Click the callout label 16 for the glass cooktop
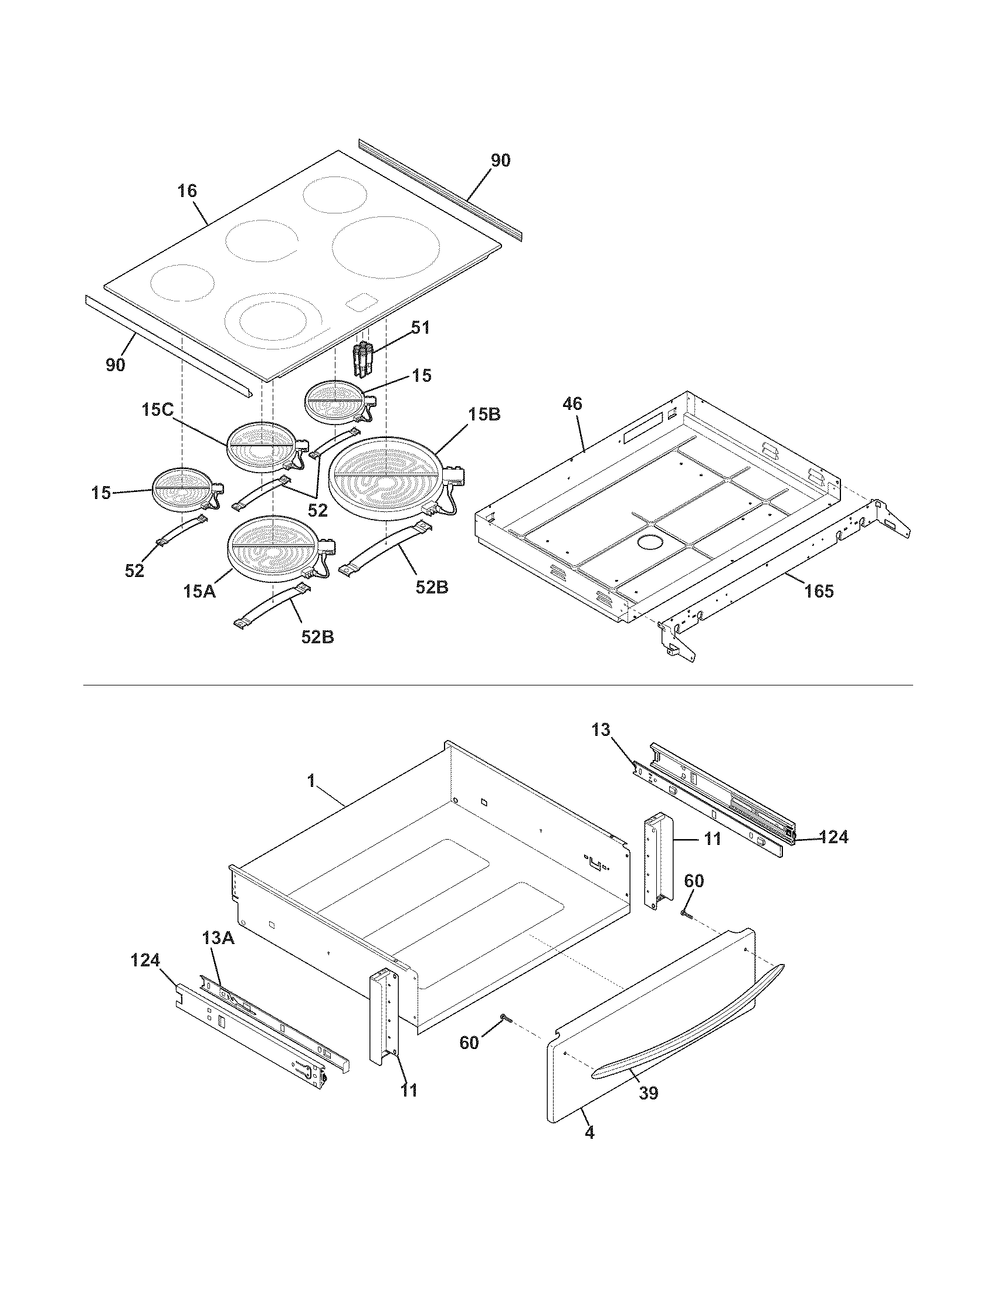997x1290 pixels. coord(187,191)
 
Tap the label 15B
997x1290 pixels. coord(484,415)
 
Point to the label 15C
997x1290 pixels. coord(158,409)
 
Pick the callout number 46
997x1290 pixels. coord(572,403)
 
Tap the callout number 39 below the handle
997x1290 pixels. coord(648,1093)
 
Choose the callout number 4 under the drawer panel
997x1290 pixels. coord(589,1132)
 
